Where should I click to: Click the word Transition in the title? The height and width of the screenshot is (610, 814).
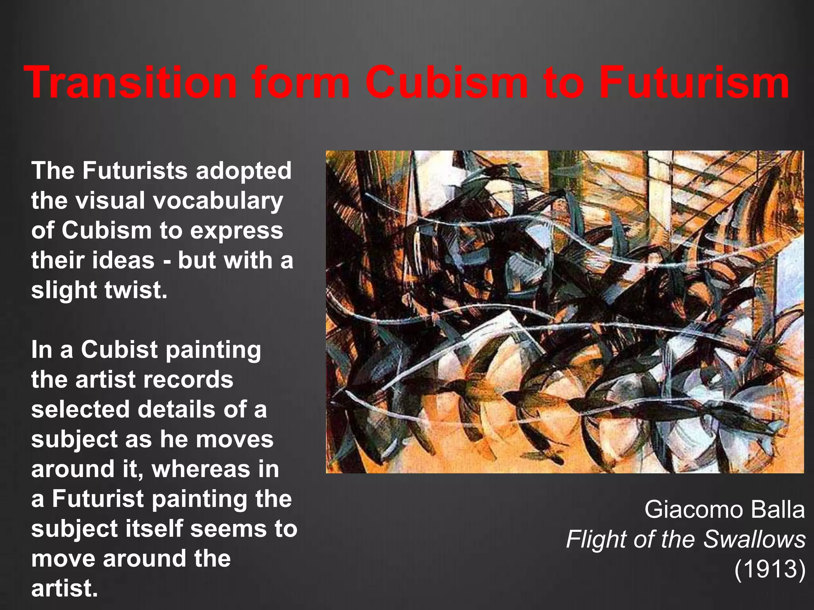130,83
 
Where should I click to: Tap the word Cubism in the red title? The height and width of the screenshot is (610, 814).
447,83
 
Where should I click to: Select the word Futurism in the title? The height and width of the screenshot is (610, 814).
694,83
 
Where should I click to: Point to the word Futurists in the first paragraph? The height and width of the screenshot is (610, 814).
135,171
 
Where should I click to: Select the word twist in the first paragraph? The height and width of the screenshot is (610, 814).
135,290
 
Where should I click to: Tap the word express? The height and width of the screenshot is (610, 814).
236,231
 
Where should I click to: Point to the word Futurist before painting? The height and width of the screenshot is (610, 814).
98,499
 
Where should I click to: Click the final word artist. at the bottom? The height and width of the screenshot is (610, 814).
64,589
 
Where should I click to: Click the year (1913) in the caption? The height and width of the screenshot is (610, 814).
769,569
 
